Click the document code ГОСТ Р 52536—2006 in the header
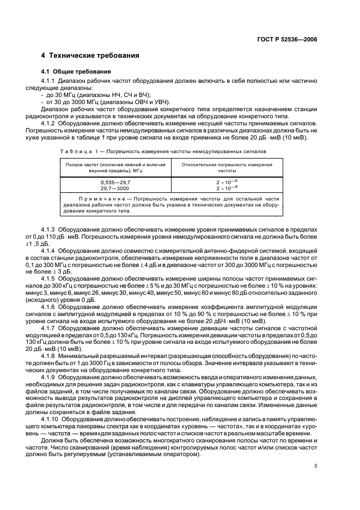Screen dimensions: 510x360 [287, 39]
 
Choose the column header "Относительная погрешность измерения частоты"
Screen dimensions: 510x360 [227, 167]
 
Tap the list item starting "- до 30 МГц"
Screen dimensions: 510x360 [87, 94]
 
